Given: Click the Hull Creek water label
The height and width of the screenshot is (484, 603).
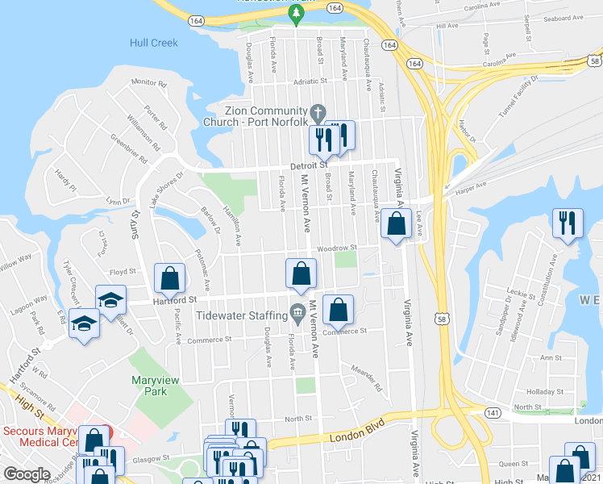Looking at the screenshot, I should [x=154, y=42].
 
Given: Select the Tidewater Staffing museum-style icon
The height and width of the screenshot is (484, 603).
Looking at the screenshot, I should [x=297, y=311].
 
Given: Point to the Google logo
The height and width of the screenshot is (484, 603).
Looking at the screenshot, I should [x=27, y=474].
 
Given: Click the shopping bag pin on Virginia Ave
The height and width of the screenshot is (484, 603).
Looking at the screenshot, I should [x=395, y=225].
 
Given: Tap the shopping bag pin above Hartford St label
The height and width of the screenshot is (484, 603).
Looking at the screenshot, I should [x=170, y=278].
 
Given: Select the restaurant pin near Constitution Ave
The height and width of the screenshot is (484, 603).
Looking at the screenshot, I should [x=568, y=222].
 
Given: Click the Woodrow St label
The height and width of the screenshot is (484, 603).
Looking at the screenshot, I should [x=336, y=248].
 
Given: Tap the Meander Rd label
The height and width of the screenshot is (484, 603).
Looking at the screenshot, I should [x=366, y=377].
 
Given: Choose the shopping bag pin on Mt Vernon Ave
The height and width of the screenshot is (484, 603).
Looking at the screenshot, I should [x=301, y=274].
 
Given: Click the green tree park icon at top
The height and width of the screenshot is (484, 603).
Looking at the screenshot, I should [x=296, y=11].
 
